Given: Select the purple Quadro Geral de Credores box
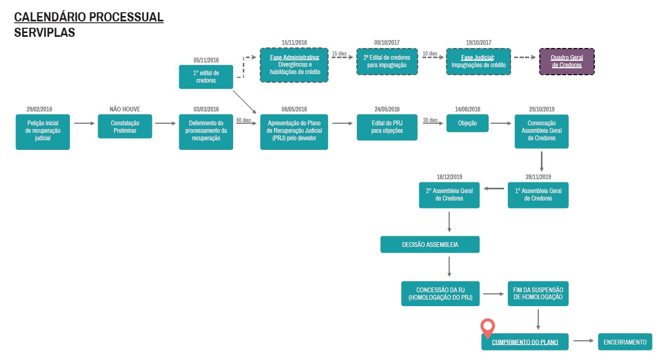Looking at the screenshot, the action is tap(567, 61).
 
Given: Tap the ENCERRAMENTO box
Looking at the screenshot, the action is tap(625, 342).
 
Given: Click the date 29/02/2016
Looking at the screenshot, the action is tap(39, 109).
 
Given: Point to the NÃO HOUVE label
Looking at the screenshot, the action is tap(125, 109).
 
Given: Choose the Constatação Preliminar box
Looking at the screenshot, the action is tap(125, 126).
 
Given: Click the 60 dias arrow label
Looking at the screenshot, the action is tap(244, 120).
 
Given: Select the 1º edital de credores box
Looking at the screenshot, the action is tap(206, 77).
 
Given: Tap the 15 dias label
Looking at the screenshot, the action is tap(339, 53).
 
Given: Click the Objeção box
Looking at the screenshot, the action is tap(467, 123).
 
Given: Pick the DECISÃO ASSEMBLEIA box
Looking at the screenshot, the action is tap(430, 244).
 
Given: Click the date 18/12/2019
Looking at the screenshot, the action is tap(449, 177).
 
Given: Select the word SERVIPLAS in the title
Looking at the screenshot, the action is tap(45, 33).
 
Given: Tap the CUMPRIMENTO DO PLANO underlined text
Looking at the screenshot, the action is tap(525, 342).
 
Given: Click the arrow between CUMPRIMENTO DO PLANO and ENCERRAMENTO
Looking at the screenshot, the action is tap(584, 341).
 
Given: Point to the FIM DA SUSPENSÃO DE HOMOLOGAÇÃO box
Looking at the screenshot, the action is tap(538, 293).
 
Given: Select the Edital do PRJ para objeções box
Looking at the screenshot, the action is tap(387, 127).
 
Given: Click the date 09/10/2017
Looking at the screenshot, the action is tap(387, 43).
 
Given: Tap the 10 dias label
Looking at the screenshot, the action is tap(430, 53).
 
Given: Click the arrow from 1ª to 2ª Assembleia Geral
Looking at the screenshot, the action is tap(494, 189).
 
